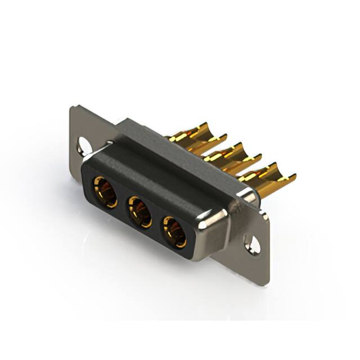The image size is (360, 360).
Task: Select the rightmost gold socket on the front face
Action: click(x=175, y=232)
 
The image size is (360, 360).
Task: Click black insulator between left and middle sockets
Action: click(x=123, y=204)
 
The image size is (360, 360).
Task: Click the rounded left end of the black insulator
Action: click(x=87, y=177)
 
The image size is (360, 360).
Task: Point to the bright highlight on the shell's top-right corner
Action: click(x=247, y=194)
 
